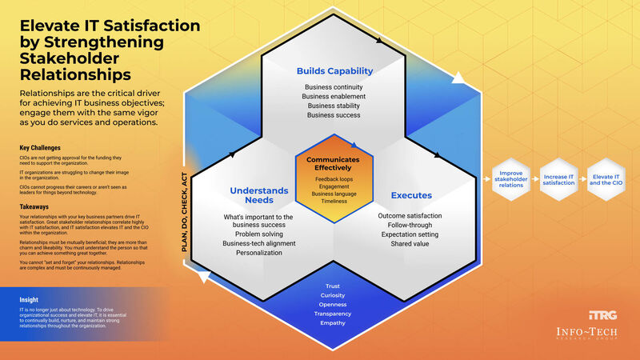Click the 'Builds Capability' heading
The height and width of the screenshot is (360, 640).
(x=334, y=70)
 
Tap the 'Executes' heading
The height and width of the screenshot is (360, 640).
(x=411, y=194)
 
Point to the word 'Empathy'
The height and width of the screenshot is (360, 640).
(x=333, y=323)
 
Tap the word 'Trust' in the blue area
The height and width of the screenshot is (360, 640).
(x=333, y=286)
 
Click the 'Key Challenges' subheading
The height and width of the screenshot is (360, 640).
(x=41, y=149)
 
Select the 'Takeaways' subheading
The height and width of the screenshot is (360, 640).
(x=36, y=206)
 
